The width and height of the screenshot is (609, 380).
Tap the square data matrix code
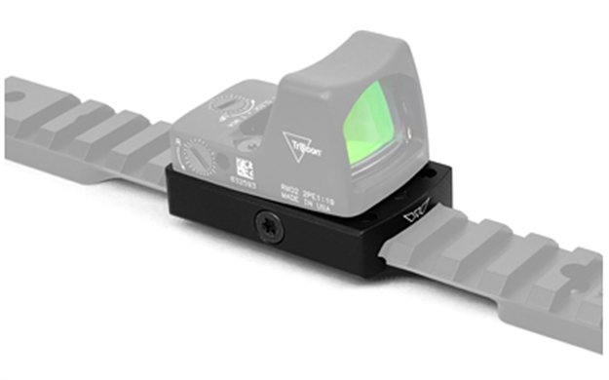pyautogui.click(x=244, y=166)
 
